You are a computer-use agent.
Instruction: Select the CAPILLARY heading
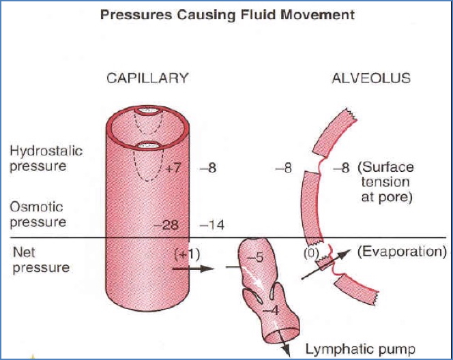(147, 78)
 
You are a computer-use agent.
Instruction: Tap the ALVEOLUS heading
(370, 78)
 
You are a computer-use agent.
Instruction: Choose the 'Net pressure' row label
(41, 260)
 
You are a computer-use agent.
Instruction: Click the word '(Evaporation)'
(401, 252)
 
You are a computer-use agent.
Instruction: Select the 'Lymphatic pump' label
(360, 350)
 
